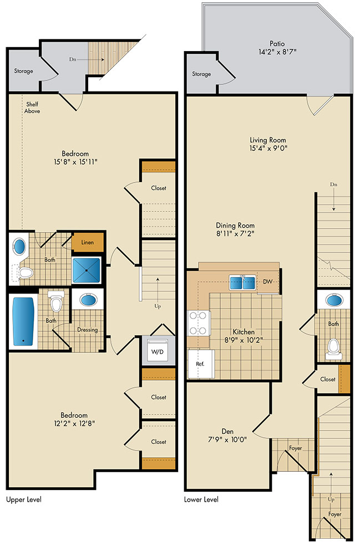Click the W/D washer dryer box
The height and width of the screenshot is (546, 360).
[157, 351]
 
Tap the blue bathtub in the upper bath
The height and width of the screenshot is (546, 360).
[24, 321]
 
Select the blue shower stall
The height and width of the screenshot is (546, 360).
[87, 270]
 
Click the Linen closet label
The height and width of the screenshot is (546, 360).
[88, 242]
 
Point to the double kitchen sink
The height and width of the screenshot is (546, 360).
[242, 282]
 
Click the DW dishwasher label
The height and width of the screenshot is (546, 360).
[267, 282]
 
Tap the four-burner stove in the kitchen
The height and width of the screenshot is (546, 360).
[199, 323]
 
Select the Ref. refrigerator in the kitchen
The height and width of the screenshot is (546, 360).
[200, 364]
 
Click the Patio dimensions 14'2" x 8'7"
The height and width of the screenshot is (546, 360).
[277, 52]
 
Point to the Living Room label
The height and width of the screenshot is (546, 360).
[268, 140]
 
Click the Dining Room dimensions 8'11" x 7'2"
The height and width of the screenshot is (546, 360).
[235, 234]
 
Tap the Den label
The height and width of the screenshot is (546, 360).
[227, 432]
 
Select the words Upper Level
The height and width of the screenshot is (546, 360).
[24, 500]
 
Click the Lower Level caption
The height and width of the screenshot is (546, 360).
[201, 500]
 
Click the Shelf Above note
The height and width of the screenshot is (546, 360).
[32, 108]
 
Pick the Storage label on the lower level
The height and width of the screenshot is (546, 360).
[201, 74]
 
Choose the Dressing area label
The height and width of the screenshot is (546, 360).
[88, 330]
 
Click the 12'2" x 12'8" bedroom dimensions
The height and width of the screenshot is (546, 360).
[74, 423]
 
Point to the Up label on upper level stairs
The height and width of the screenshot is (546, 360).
[158, 306]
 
